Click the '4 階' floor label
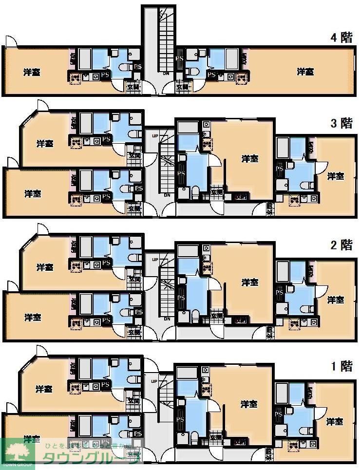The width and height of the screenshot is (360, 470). pos(341,38)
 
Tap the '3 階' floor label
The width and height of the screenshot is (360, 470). pos(341,123)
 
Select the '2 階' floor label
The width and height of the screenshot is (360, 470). pos(341,244)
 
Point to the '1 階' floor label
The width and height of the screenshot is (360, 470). pos(341,366)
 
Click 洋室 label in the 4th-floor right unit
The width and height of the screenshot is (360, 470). pos(305,72)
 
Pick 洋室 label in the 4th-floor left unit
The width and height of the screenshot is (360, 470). pos(32,72)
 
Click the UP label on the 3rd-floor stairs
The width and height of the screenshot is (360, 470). pos(155,135)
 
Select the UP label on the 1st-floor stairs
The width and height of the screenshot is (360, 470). pos(155,381)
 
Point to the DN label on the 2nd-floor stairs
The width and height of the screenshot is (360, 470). pos(167,319)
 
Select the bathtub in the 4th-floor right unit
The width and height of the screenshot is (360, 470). pos(232,58)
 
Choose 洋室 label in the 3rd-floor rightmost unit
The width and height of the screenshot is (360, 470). pos(335,176)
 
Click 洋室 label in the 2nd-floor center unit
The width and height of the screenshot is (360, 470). pos(250,282)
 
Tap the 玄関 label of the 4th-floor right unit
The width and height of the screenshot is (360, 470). pos(182,87)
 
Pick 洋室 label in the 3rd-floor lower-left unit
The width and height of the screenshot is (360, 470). pos(33,194)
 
